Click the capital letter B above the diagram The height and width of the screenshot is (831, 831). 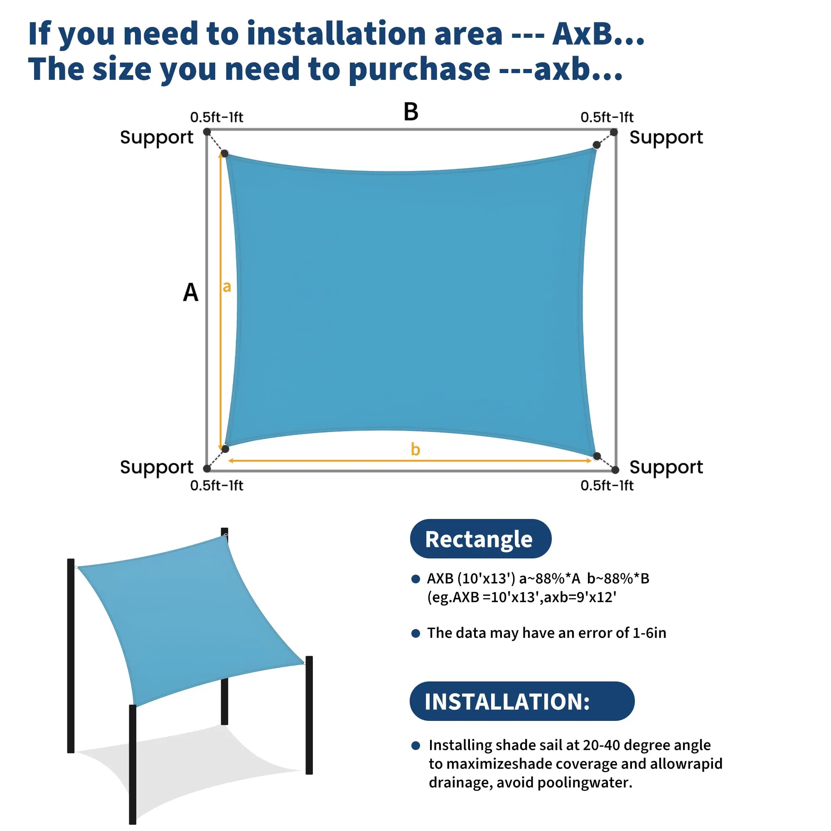pos(411,111)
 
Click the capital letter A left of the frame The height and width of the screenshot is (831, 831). pos(191,293)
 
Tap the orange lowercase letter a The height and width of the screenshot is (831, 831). pos(227,286)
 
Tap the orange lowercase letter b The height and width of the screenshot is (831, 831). pos(415,449)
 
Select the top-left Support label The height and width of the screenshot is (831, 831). pos(157,138)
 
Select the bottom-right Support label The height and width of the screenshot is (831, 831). pos(666,467)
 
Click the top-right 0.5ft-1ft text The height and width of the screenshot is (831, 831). pos(607,117)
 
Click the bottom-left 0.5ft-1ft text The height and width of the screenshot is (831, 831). pos(216,486)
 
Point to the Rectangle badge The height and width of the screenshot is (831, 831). pos(480,539)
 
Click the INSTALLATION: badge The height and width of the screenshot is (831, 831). pos(522,701)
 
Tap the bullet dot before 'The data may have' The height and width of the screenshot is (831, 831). pos(415,633)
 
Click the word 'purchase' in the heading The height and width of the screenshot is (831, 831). pos(419,69)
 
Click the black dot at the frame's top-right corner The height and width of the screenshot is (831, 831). pos(614,132)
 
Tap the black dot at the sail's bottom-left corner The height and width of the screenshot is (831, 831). pos(225,449)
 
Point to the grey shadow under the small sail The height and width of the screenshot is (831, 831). pos(189,770)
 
